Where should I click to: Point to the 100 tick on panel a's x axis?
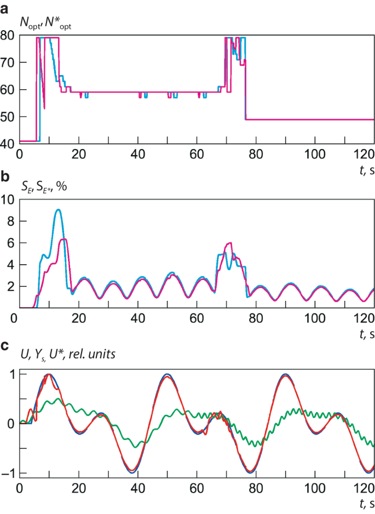pyautogui.click(x=315, y=151)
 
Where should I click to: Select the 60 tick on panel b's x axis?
pyautogui.click(x=197, y=317)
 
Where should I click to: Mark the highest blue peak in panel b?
pyautogui.click(x=58, y=209)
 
